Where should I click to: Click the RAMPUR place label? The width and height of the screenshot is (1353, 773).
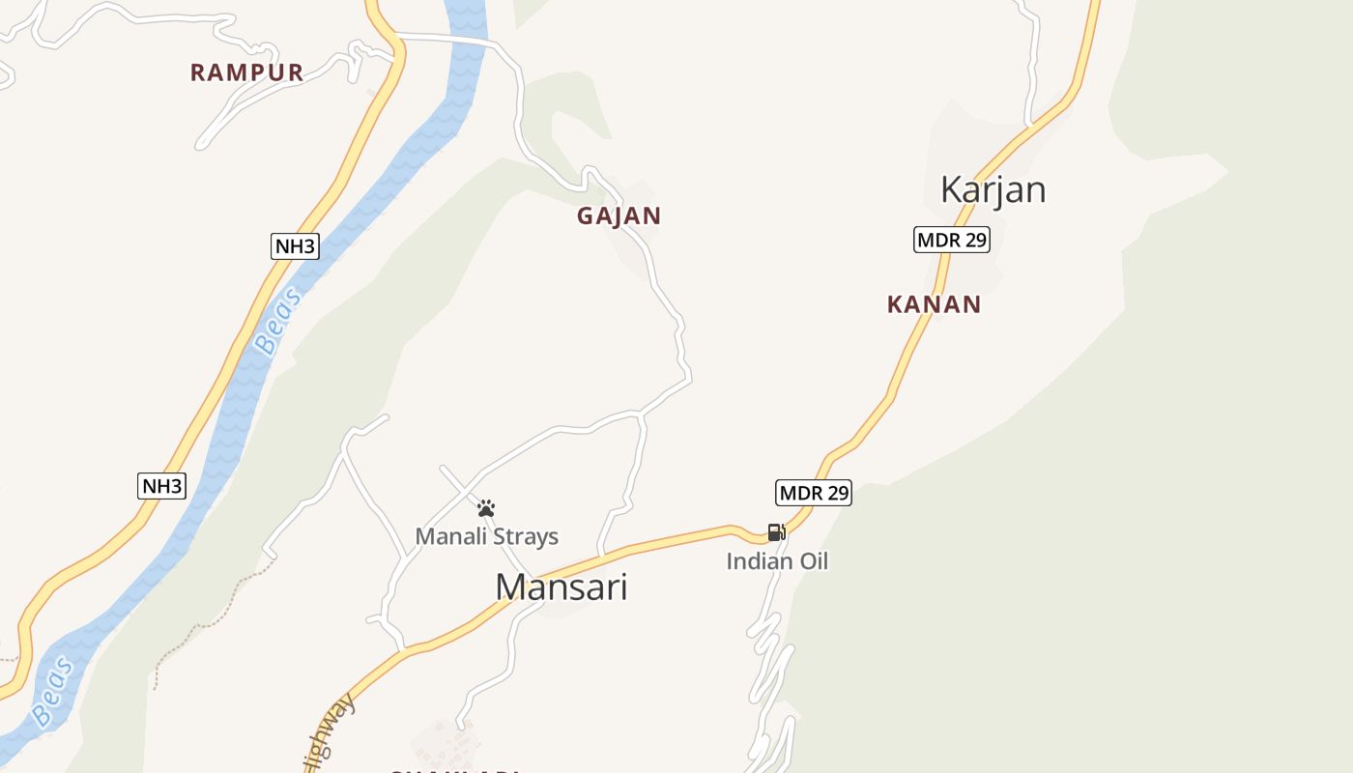coord(246,72)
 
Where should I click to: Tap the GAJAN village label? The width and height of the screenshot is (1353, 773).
coord(619,216)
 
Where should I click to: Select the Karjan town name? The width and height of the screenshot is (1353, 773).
coord(993,189)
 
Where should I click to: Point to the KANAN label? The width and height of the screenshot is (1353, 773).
coord(934,304)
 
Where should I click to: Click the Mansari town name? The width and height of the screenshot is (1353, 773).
coord(561,587)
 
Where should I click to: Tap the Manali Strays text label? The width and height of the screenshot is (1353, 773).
coord(486,536)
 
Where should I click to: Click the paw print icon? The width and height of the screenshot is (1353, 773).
coord(486,508)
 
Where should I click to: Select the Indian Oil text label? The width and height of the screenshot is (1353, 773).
coord(777,561)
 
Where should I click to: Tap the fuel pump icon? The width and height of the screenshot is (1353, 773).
coord(776,532)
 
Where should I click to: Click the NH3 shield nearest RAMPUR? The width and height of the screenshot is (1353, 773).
coord(295,246)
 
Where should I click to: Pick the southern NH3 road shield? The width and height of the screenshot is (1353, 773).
coord(161,486)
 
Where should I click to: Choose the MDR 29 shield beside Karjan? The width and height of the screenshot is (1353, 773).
coord(951,240)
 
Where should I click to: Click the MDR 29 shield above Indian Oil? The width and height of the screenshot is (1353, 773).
coord(814,493)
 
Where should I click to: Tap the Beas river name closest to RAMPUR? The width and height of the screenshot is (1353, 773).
coord(277,322)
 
